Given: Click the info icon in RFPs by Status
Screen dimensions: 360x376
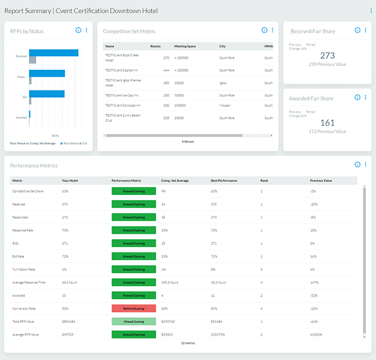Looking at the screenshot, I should [78, 31].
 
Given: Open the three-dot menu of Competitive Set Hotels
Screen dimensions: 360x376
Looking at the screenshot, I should [272, 31].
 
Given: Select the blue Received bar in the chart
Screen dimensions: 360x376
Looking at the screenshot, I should [54, 53].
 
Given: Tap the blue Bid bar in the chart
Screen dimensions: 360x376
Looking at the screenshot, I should [47, 93].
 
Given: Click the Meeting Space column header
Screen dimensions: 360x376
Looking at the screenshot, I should [185, 46].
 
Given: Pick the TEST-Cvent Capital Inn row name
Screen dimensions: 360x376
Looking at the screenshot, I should [120, 70].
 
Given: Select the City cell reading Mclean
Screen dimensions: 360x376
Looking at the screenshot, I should [226, 105].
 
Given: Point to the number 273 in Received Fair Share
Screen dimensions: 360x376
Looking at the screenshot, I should [327, 55].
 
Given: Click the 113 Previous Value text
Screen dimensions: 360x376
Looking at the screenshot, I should [327, 131].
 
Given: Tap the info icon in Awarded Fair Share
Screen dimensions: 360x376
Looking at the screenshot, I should [357, 98].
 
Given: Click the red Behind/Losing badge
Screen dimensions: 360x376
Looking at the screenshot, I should [133, 308].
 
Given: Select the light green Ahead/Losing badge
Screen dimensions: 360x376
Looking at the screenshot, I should [133, 321].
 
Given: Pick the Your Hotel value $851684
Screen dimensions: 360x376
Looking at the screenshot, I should [69, 321].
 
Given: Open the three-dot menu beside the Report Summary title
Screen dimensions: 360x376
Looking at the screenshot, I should [371, 10].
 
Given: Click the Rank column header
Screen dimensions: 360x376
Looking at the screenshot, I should [264, 181].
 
